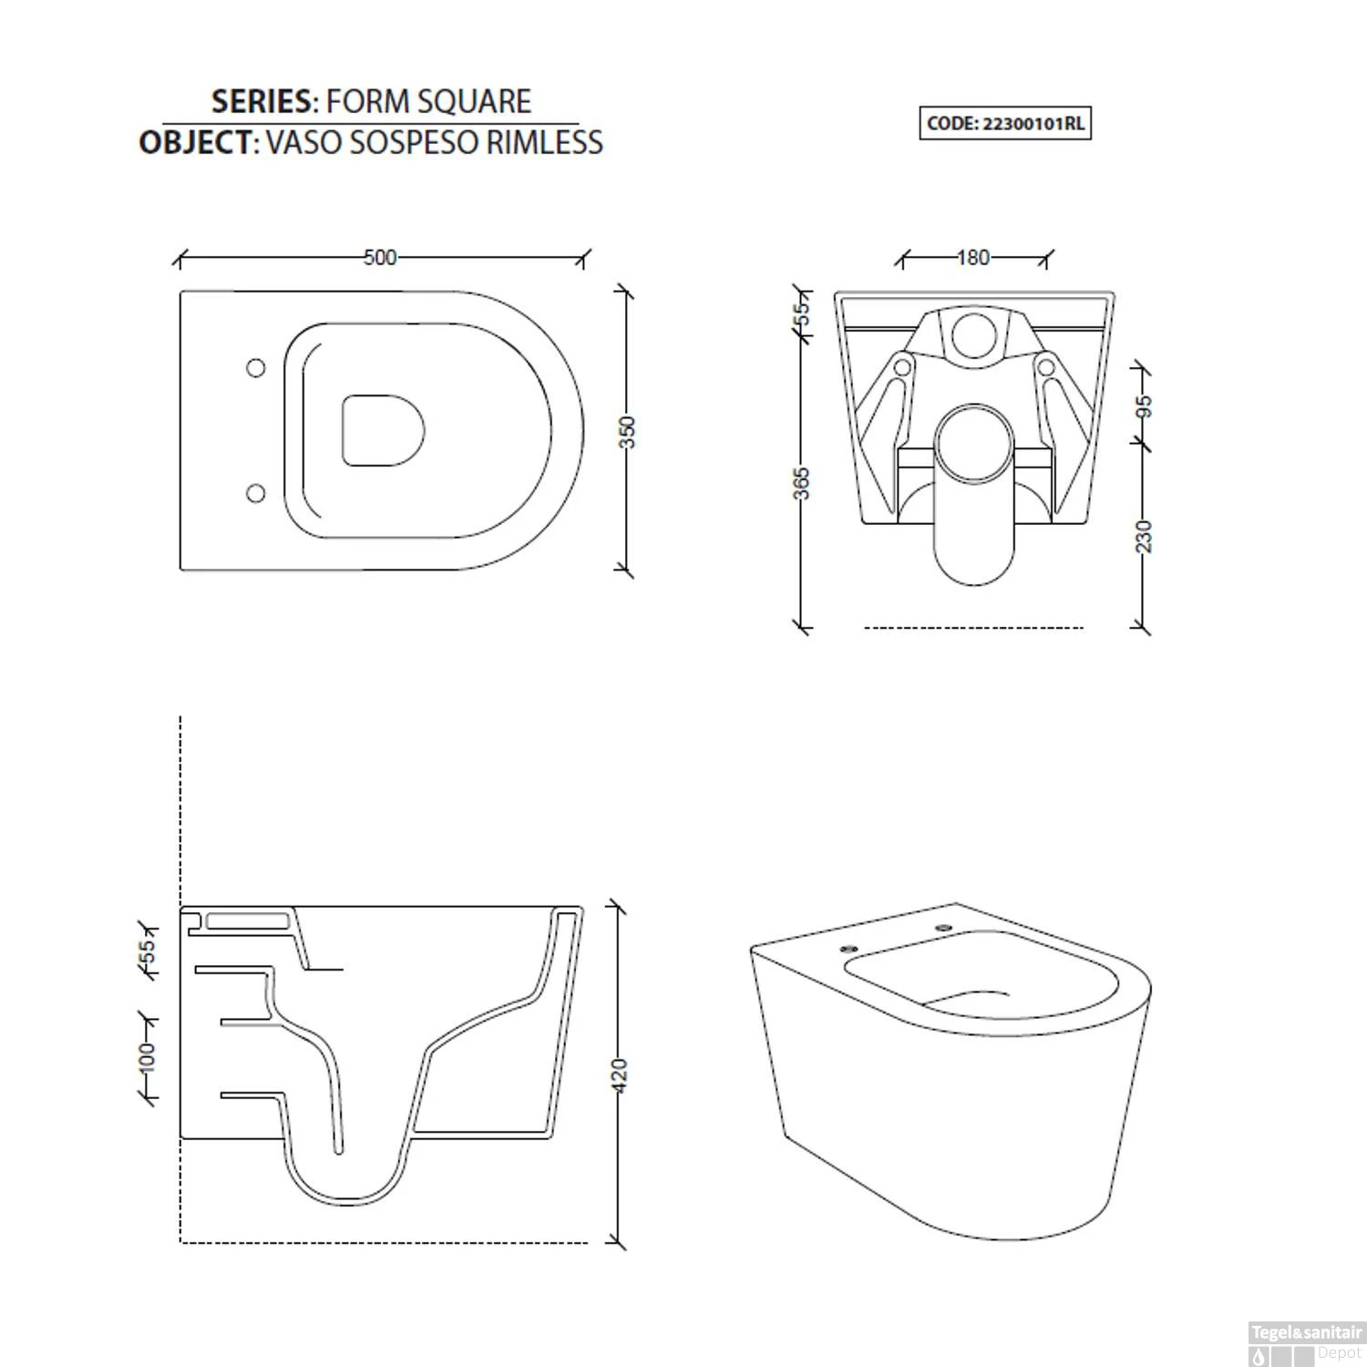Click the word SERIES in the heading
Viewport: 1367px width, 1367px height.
tap(261, 101)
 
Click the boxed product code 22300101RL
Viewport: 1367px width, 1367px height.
tap(1004, 124)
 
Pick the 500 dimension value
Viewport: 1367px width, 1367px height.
tap(380, 258)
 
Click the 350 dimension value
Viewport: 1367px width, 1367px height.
tap(626, 432)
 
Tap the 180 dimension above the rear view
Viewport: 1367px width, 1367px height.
tap(973, 258)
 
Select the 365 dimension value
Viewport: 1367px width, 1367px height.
tap(801, 483)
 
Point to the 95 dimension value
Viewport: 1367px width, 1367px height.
tap(1146, 406)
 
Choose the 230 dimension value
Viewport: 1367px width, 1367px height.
tap(1146, 536)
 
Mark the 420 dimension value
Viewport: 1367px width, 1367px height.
tap(620, 1075)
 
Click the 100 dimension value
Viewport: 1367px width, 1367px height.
tap(147, 1058)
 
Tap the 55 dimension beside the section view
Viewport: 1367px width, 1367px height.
tap(147, 951)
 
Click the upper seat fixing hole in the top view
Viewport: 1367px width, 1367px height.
tap(256, 367)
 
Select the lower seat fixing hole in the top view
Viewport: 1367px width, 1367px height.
tap(256, 493)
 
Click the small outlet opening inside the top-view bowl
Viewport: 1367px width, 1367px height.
tap(384, 431)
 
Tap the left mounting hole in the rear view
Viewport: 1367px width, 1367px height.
tap(903, 367)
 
